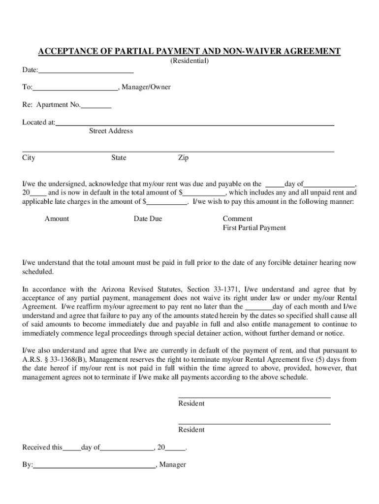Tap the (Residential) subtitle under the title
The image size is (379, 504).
tap(189, 61)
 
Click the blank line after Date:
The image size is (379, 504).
tap(86, 72)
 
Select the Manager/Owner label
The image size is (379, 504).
tap(146, 87)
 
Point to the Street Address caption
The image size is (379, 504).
tap(111, 131)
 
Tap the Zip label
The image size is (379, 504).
tap(183, 158)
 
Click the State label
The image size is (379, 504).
tap(119, 158)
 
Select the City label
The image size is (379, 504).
tap(29, 158)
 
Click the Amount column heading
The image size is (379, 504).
tap(57, 219)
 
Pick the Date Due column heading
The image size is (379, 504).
tap(148, 219)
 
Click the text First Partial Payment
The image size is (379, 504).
tap(254, 228)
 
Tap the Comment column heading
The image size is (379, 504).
tap(237, 219)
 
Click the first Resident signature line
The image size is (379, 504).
tap(254, 397)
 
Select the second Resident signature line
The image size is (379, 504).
tap(254, 423)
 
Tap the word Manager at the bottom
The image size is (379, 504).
tap(173, 465)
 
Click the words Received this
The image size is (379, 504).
tap(42, 447)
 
